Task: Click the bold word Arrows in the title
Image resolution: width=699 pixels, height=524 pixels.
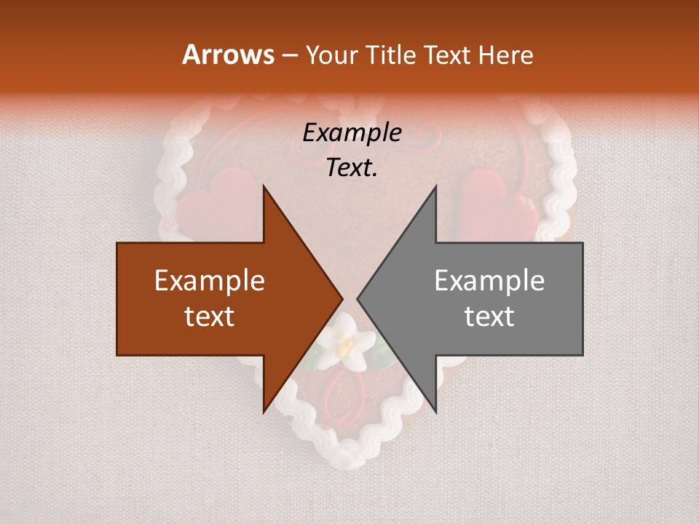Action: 228,55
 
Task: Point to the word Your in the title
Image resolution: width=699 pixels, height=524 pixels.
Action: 330,55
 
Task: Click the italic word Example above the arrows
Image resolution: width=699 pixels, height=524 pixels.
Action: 352,133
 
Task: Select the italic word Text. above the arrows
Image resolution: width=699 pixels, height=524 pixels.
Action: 352,168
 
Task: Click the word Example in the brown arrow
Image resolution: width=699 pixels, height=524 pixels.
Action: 210,281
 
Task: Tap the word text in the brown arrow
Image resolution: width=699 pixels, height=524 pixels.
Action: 210,316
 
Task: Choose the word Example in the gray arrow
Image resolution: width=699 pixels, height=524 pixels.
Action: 489,281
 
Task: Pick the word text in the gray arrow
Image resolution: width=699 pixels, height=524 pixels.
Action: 489,316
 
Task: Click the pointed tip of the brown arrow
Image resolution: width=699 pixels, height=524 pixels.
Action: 342,299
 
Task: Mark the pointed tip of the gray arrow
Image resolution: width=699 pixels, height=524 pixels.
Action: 358,299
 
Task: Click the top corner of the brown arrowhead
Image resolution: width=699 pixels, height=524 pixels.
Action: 264,186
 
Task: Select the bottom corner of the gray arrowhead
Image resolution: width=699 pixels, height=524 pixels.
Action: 435,412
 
